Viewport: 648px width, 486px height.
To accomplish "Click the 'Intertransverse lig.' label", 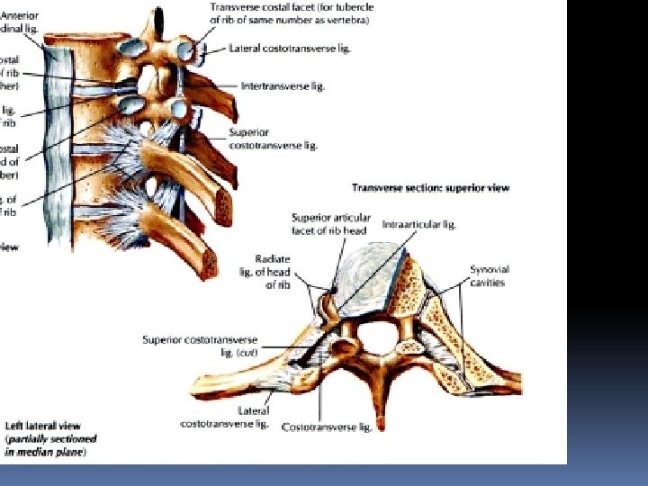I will click(283, 86).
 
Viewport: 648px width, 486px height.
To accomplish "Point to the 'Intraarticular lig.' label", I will click(425, 224).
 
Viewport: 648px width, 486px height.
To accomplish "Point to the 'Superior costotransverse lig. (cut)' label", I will click(201, 346).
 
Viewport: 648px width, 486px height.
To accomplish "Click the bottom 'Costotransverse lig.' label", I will click(327, 427).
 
